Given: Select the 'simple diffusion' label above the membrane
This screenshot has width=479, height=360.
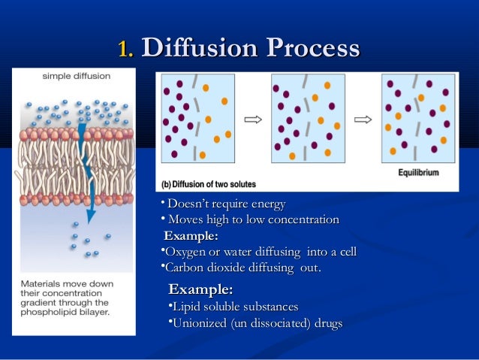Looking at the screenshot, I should [x=76, y=76].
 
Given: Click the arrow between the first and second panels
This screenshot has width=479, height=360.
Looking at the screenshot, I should [x=253, y=119].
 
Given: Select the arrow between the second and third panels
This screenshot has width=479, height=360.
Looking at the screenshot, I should [x=363, y=119].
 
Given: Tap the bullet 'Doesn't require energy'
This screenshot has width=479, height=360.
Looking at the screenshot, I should [x=226, y=204].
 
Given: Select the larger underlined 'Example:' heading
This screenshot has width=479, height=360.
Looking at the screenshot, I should [x=200, y=289].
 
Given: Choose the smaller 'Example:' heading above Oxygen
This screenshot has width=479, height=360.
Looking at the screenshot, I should [x=191, y=236].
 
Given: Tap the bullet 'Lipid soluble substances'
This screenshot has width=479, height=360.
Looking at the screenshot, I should [x=235, y=307].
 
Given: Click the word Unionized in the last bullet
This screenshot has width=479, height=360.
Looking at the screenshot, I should [x=200, y=323].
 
